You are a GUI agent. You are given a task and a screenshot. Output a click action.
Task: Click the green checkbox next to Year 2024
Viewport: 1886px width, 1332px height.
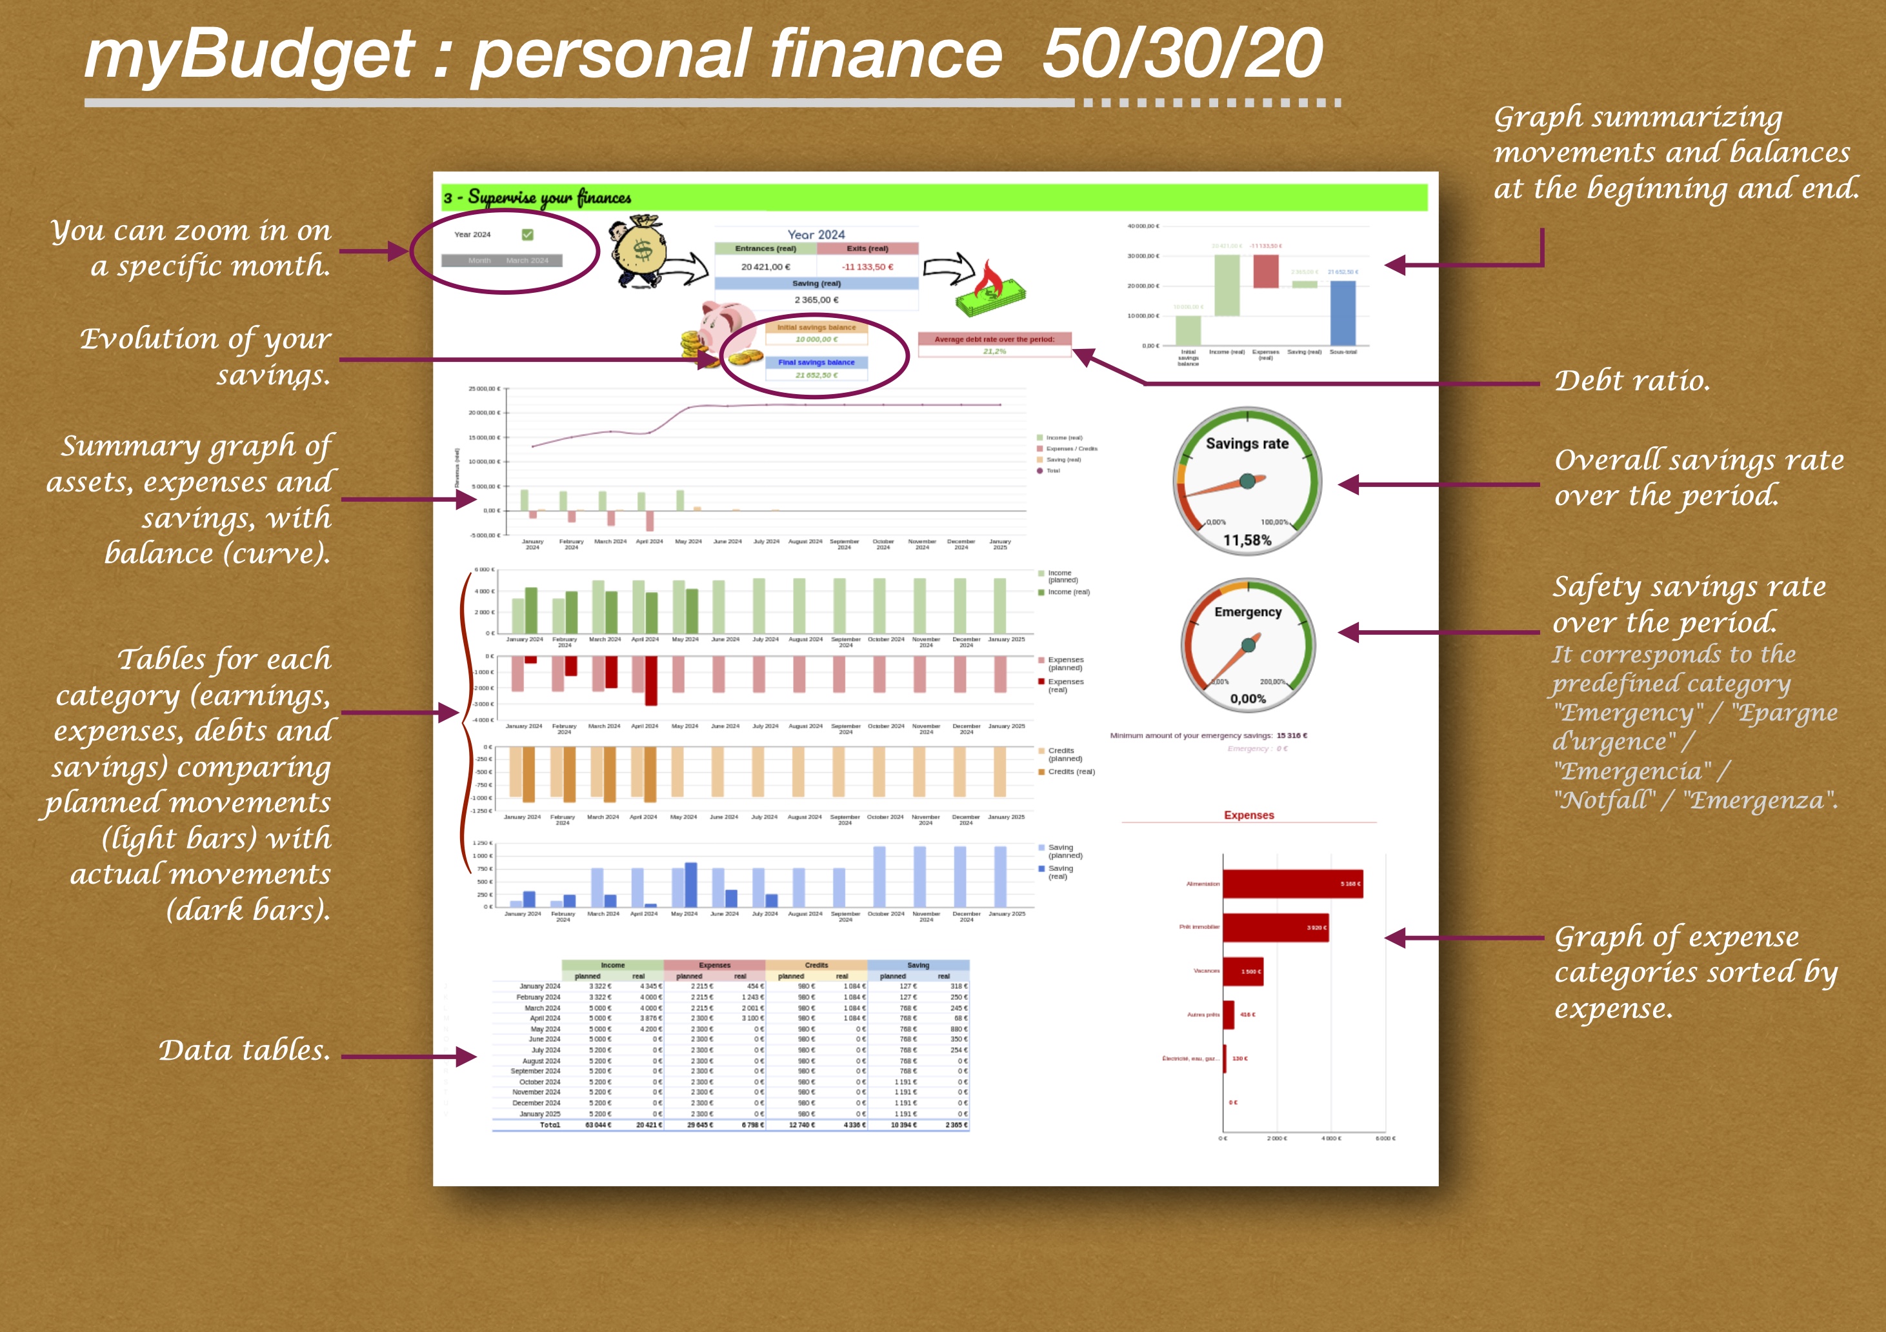click(x=527, y=235)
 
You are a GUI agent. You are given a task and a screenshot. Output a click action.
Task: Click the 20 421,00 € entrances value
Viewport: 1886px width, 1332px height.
click(x=766, y=267)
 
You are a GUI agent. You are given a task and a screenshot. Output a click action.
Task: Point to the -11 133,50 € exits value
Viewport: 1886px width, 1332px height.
click(x=867, y=267)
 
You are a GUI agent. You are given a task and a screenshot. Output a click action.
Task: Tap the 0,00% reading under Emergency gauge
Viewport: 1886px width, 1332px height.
click(x=1248, y=699)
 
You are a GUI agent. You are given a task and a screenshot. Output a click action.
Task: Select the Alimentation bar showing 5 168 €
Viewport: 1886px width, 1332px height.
click(x=1292, y=884)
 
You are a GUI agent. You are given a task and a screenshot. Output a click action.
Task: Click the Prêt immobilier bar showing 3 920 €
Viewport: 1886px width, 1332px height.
click(x=1275, y=927)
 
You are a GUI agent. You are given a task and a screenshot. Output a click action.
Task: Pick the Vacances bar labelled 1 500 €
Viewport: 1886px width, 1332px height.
click(x=1243, y=971)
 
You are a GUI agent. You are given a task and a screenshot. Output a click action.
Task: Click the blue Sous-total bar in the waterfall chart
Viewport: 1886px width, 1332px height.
click(x=1343, y=313)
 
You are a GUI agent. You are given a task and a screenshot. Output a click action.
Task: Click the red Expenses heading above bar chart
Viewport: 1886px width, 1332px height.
click(x=1249, y=815)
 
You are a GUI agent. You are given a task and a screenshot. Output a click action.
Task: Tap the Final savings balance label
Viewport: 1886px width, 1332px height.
click(x=816, y=362)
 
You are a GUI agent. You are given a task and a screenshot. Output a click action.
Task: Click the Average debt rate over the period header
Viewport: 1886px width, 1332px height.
click(x=994, y=339)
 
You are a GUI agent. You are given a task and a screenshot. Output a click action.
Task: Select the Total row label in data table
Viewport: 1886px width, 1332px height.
click(x=550, y=1125)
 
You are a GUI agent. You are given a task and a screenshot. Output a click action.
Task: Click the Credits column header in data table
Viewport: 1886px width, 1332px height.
click(x=816, y=965)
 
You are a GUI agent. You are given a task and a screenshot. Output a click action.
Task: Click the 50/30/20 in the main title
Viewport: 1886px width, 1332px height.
click(x=1182, y=54)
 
